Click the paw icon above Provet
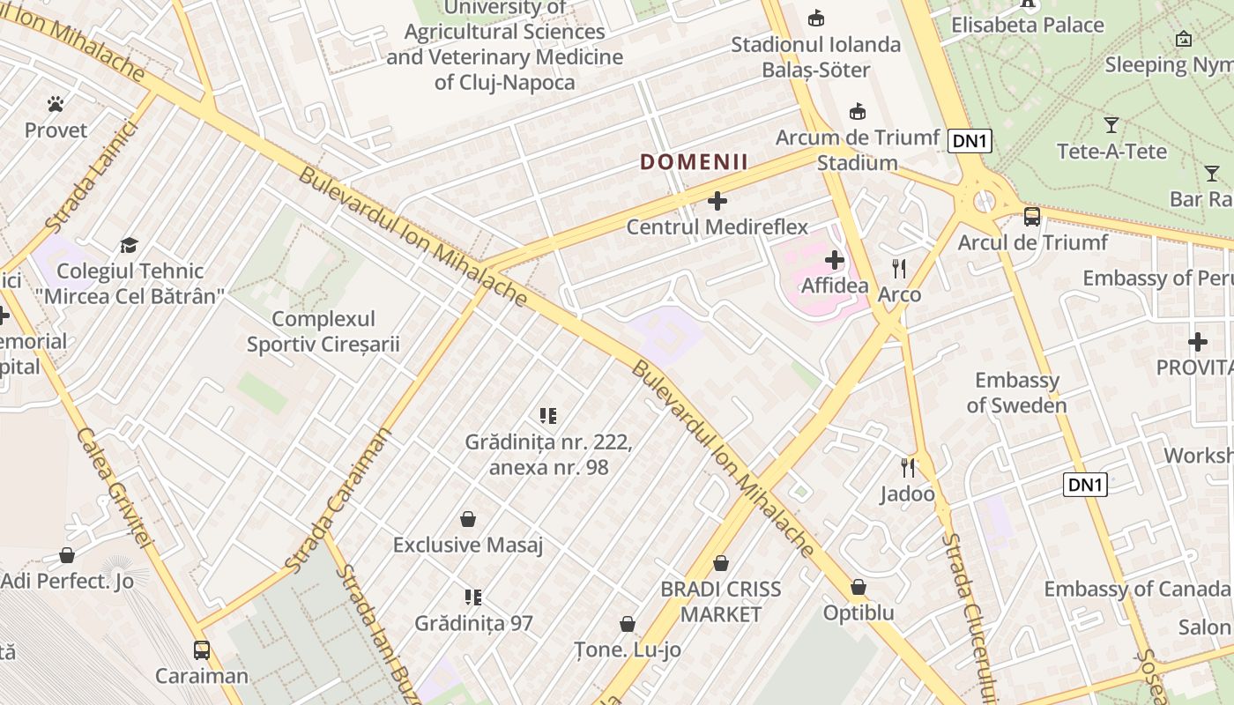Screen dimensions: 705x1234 pyautogui.click(x=56, y=104)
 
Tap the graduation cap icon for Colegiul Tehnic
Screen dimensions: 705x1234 pyautogui.click(x=130, y=245)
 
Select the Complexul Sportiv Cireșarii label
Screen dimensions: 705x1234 pyautogui.click(x=323, y=331)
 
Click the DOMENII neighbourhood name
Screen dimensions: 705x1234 pyautogui.click(x=694, y=162)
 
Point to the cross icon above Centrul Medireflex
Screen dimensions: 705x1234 pyautogui.click(x=717, y=201)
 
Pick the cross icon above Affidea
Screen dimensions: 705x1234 pyautogui.click(x=834, y=260)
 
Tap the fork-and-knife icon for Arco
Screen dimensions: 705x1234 pyautogui.click(x=899, y=269)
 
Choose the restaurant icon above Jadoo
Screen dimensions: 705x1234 pyautogui.click(x=908, y=467)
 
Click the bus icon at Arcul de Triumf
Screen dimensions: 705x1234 pyautogui.click(x=1031, y=216)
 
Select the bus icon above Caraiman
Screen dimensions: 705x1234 pyautogui.click(x=202, y=650)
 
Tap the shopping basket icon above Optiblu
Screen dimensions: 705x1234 pyautogui.click(x=859, y=587)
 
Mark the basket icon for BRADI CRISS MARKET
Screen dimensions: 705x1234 pyautogui.click(x=721, y=563)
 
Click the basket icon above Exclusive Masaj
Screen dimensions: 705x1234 pyautogui.click(x=468, y=519)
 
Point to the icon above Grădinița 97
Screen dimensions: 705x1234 pyautogui.click(x=473, y=597)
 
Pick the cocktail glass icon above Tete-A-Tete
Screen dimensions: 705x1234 pyautogui.click(x=1111, y=125)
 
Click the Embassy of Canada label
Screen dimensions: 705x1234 pyautogui.click(x=1136, y=589)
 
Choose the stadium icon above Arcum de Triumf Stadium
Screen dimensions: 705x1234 pyautogui.click(x=857, y=111)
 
